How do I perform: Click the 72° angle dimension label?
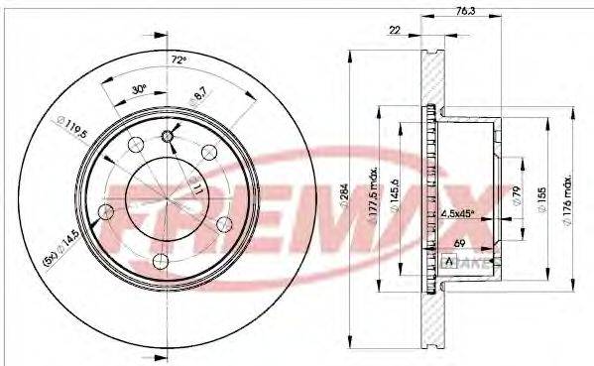[x=178, y=61]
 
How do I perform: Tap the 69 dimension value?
[x=459, y=242]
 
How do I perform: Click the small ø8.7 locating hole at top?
[x=168, y=136]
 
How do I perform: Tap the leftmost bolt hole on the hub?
[x=107, y=211]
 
